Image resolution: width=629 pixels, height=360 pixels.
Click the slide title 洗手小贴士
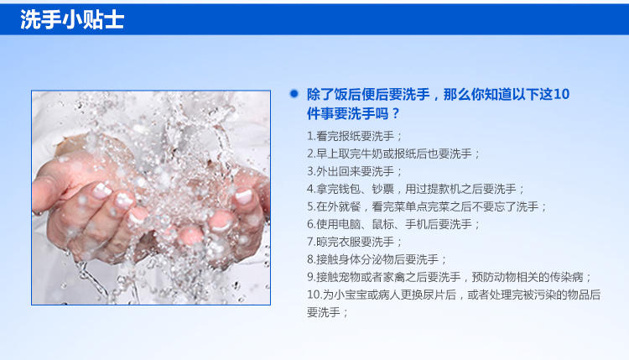tap(72, 19)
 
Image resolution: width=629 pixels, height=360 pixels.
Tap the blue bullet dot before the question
tap(294, 94)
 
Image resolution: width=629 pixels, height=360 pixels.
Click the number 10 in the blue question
tap(561, 94)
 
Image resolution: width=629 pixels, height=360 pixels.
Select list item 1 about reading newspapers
tap(354, 136)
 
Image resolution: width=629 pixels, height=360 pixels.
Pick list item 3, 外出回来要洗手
tap(354, 171)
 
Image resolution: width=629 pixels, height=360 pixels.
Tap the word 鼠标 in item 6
tap(382, 224)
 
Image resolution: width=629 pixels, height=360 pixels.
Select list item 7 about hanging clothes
tap(354, 242)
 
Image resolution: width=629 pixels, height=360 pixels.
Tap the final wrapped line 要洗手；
tap(327, 313)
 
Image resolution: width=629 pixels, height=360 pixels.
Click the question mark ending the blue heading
tap(396, 113)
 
